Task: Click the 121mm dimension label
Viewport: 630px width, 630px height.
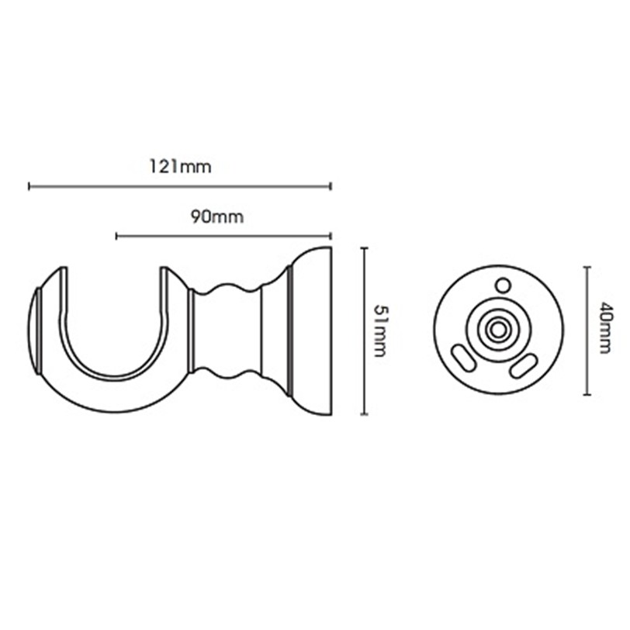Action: pos(181,166)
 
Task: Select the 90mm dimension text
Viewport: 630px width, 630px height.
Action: pos(217,216)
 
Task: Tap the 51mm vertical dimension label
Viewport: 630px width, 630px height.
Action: pos(379,331)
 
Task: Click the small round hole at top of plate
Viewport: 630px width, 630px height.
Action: pos(502,286)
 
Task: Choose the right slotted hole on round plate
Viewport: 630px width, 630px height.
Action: pos(524,365)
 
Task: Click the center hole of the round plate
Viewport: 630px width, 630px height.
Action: pos(498,331)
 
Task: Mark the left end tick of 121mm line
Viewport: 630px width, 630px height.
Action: pos(29,186)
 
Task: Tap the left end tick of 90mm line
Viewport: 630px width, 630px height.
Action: pos(116,236)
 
